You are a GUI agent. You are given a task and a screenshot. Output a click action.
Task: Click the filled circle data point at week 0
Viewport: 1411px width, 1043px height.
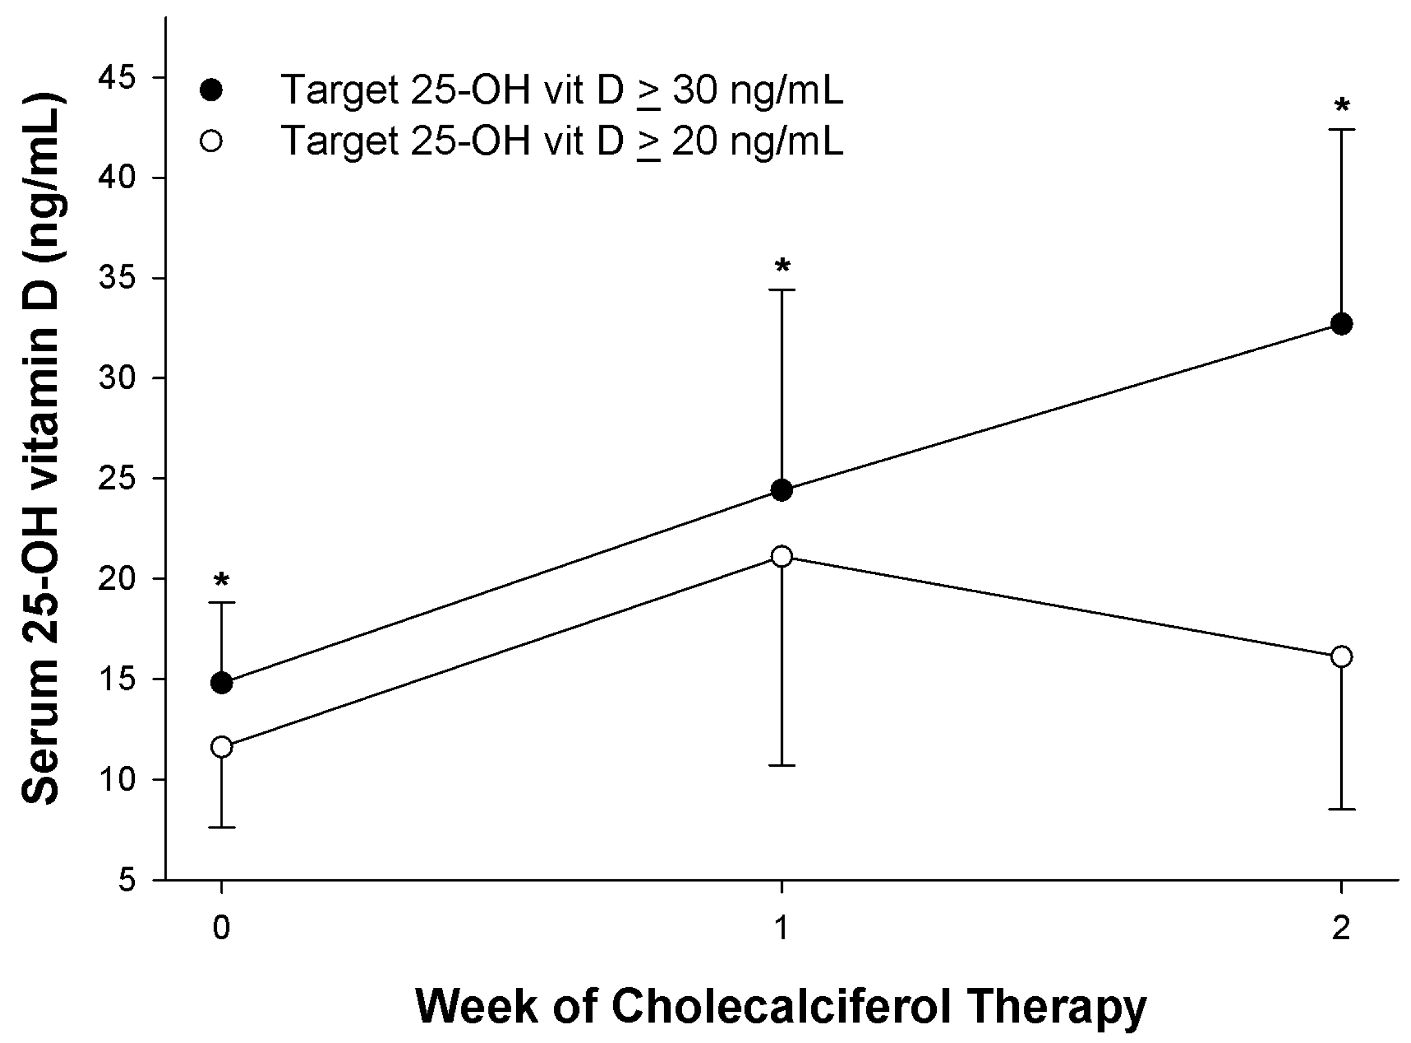221,683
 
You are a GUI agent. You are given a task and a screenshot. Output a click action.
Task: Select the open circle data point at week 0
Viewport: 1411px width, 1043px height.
221,747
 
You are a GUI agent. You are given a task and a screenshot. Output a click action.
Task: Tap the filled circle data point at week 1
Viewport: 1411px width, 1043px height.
782,490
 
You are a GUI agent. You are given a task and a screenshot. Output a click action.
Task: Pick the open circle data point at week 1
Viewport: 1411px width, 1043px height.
782,556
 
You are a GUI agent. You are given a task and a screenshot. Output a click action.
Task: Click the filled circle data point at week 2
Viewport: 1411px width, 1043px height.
1341,324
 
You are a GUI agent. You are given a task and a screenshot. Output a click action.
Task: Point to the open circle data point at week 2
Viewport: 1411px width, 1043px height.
1341,656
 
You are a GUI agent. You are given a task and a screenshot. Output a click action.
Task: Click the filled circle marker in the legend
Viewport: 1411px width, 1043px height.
211,90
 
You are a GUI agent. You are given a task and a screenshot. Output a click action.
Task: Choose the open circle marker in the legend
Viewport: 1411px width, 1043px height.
211,140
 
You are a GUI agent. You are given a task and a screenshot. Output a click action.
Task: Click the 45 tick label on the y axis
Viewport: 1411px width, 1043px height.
117,78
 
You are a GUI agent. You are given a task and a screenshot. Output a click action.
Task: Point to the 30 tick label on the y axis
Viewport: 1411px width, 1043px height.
117,378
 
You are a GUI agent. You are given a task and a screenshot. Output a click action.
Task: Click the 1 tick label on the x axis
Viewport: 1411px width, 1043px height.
782,928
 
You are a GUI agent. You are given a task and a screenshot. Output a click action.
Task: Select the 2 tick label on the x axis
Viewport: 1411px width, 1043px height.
1341,928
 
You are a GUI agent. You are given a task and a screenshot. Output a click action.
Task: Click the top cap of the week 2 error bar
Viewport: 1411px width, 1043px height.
1341,129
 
